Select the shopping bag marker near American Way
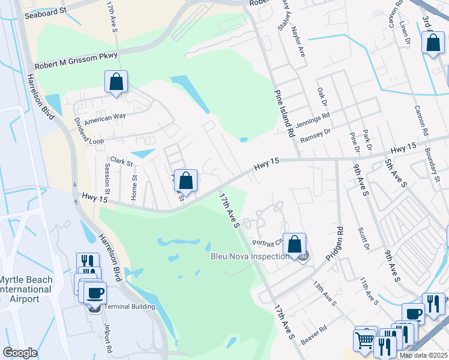tap(116, 82)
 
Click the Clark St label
tap(121, 162)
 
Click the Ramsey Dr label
tap(315, 136)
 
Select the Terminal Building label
tap(130, 307)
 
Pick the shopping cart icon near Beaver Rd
tap(365, 341)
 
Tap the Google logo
tap(20, 352)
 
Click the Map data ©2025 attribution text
tap(423, 355)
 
